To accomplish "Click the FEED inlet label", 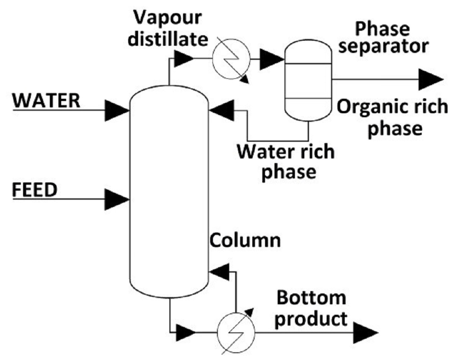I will [34, 189].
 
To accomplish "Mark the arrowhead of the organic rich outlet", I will [430, 80].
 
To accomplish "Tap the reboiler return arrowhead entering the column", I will [220, 272].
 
